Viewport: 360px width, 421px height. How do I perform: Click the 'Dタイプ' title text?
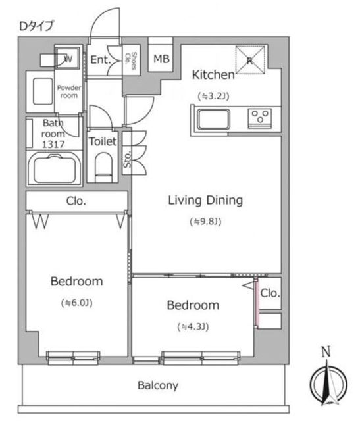(x=36, y=26)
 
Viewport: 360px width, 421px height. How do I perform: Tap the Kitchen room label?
(x=214, y=74)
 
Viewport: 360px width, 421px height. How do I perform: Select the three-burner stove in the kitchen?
(x=260, y=117)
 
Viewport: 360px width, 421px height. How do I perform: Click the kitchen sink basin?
(x=214, y=119)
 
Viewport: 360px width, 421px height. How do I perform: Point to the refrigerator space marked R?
(x=250, y=60)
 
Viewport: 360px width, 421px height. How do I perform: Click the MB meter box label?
(x=162, y=59)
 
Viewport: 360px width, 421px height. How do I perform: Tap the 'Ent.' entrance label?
(x=101, y=60)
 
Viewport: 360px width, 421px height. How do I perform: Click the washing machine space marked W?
(x=67, y=58)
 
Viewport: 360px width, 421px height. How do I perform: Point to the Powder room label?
(x=69, y=91)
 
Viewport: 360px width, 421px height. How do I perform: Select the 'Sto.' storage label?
(x=127, y=159)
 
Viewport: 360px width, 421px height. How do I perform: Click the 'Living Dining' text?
(x=205, y=201)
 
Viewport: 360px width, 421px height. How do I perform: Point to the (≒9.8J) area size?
(x=205, y=222)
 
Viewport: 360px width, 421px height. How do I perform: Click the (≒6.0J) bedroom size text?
(x=77, y=303)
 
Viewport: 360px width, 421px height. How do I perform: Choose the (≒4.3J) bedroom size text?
(x=193, y=327)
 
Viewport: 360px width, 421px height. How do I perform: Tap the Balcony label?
(x=158, y=385)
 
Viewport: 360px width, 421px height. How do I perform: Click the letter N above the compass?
(x=326, y=352)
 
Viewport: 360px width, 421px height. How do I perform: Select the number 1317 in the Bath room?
(x=53, y=145)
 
